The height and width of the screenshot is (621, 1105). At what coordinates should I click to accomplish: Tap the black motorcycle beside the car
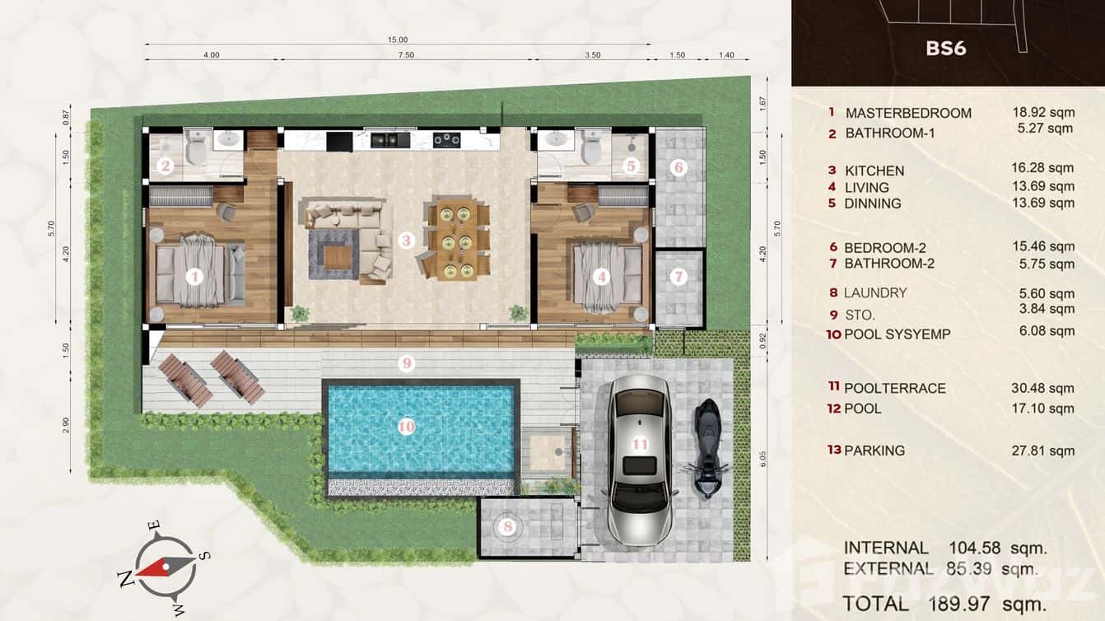point(706,449)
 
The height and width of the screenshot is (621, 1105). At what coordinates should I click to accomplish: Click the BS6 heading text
point(945,48)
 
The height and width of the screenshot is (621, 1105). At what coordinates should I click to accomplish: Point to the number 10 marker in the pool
point(406,427)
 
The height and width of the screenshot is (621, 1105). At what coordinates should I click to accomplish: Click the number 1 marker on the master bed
point(194,277)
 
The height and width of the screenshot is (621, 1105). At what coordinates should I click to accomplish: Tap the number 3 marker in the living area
point(406,240)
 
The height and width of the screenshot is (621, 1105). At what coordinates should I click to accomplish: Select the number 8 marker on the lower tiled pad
point(508,525)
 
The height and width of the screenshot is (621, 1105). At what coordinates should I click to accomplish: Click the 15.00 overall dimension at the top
point(398,40)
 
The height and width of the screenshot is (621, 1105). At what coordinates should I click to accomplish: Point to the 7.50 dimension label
point(404,55)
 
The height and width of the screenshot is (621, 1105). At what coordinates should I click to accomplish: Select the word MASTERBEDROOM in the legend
point(908,113)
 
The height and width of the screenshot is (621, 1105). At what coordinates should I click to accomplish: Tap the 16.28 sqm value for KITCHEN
point(1042,168)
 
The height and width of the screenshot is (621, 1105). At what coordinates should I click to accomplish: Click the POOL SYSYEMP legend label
point(897,334)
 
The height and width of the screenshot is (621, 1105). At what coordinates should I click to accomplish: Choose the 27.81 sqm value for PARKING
point(1042,451)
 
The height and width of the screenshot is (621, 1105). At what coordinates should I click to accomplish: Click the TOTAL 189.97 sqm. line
point(944,604)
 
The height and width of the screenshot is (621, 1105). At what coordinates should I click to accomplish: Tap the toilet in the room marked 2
point(196,147)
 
